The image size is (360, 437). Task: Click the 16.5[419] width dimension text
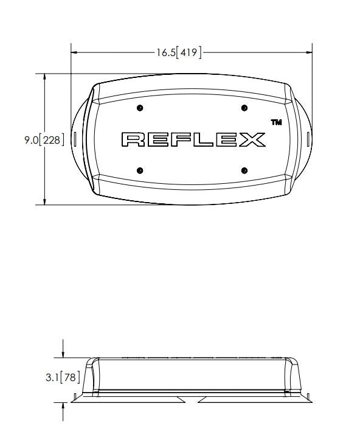(179, 52)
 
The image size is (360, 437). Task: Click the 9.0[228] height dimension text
(44, 139)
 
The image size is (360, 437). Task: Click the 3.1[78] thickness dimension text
(63, 377)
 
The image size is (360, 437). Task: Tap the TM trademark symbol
(276, 122)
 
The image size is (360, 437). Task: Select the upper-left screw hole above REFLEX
(140, 108)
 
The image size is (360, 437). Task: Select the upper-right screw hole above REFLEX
(244, 108)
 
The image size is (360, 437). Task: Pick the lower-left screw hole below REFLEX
(140, 170)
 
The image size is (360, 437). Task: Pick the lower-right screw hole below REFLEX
(244, 170)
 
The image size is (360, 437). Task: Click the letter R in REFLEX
(133, 139)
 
